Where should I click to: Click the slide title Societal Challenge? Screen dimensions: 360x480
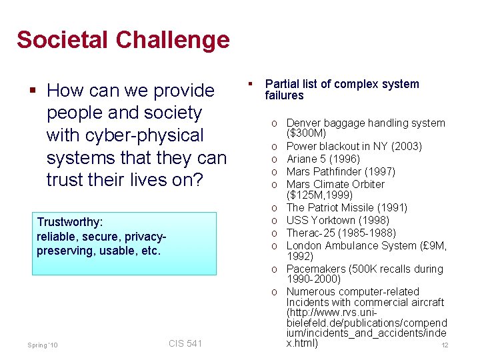point(123,40)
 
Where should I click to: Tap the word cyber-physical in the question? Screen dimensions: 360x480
point(125,135)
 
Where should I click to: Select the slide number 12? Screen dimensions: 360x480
point(445,345)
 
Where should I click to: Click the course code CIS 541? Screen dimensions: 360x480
point(185,343)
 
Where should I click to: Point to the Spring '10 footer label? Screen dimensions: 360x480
point(43,345)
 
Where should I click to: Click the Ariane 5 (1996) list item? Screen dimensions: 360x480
point(323,159)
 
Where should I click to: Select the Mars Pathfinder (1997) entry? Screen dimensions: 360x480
point(341,171)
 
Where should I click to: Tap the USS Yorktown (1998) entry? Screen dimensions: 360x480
point(337,220)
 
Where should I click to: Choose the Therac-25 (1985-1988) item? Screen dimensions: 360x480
point(341,233)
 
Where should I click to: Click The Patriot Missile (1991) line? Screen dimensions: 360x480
point(347,208)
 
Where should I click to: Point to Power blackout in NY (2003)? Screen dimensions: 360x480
point(354,146)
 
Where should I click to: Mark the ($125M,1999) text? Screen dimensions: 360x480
point(318,196)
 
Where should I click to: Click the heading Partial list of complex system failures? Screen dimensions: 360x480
point(341,89)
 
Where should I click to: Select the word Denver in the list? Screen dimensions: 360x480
point(302,123)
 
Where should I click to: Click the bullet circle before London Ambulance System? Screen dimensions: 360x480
point(275,245)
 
